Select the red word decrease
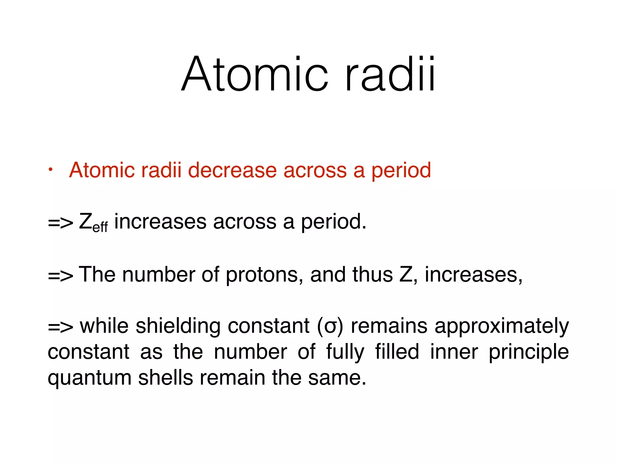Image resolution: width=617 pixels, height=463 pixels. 232,170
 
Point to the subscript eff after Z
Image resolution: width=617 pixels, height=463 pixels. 100,227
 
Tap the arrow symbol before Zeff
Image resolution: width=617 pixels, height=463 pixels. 60,223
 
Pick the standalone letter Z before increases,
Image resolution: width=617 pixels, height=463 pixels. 406,275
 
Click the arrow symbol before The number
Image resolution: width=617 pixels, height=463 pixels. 60,276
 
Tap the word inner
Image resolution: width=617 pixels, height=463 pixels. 454,352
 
